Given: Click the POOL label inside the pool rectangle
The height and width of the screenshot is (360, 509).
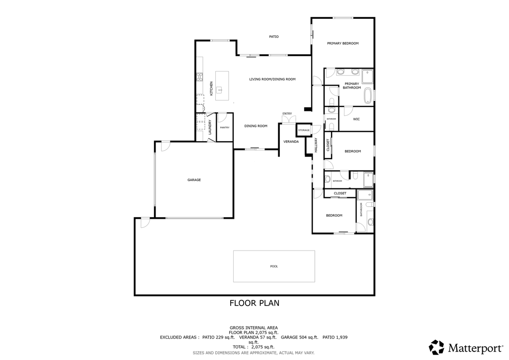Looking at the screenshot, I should click(x=274, y=267).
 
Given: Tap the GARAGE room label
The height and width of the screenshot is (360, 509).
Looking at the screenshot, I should click(x=194, y=180).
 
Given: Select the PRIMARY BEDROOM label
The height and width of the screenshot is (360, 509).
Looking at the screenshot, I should click(x=342, y=44).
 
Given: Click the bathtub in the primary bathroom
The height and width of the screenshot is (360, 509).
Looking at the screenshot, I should click(x=368, y=95).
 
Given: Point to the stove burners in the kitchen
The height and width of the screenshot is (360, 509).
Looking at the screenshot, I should click(x=200, y=77).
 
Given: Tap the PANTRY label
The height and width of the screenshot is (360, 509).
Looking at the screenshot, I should click(x=225, y=127).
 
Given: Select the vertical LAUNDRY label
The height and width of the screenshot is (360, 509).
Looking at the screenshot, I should click(x=210, y=127).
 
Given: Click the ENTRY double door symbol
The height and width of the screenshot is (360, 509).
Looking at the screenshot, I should click(x=288, y=120).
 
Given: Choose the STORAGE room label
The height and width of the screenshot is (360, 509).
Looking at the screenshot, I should click(x=304, y=130).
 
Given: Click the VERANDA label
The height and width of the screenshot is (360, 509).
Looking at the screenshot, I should click(x=291, y=142).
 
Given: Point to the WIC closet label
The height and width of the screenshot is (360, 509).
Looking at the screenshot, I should click(x=356, y=119).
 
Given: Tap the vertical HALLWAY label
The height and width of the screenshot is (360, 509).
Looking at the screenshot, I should click(x=316, y=145).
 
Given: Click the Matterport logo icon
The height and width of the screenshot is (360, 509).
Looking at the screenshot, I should click(x=437, y=347).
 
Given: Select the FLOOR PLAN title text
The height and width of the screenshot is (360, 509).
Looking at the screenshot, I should click(x=254, y=303).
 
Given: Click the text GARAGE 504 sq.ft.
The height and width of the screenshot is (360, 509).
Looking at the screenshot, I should click(x=299, y=337).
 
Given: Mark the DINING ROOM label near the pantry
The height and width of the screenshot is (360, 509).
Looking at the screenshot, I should click(x=256, y=126).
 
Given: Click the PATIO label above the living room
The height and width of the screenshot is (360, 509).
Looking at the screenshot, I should click(x=274, y=37).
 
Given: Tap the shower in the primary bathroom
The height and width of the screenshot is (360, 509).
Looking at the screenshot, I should click(x=367, y=76).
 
